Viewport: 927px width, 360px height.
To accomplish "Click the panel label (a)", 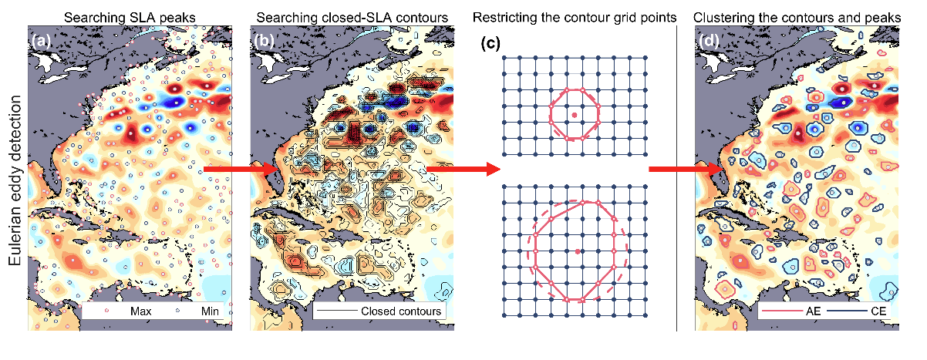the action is point(41,41).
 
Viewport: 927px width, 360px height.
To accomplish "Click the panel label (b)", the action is point(264,41).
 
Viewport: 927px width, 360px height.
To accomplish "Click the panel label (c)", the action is point(490,43).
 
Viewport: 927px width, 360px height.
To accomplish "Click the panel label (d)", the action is point(709,41).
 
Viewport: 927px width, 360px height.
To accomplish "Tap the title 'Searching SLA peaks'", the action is point(130,18).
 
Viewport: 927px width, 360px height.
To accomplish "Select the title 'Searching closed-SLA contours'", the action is point(352,18).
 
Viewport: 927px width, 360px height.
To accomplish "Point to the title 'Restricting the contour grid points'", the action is point(575,18).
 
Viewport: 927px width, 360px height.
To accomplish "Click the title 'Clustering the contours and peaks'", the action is point(797,18).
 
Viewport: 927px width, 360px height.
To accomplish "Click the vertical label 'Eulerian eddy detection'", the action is point(15,180).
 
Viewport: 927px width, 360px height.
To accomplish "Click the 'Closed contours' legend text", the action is point(401,311).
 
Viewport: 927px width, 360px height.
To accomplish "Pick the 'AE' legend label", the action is point(813,311).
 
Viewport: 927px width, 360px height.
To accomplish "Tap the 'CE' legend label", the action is point(878,311).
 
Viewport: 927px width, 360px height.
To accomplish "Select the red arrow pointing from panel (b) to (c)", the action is point(463,169).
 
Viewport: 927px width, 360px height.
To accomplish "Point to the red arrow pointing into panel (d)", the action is point(686,169).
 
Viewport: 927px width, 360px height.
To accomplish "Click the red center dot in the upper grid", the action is point(575,115).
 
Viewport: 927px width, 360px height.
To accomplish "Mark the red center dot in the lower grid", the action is point(578,251).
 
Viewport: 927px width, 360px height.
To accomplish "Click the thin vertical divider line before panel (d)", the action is point(677,178).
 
